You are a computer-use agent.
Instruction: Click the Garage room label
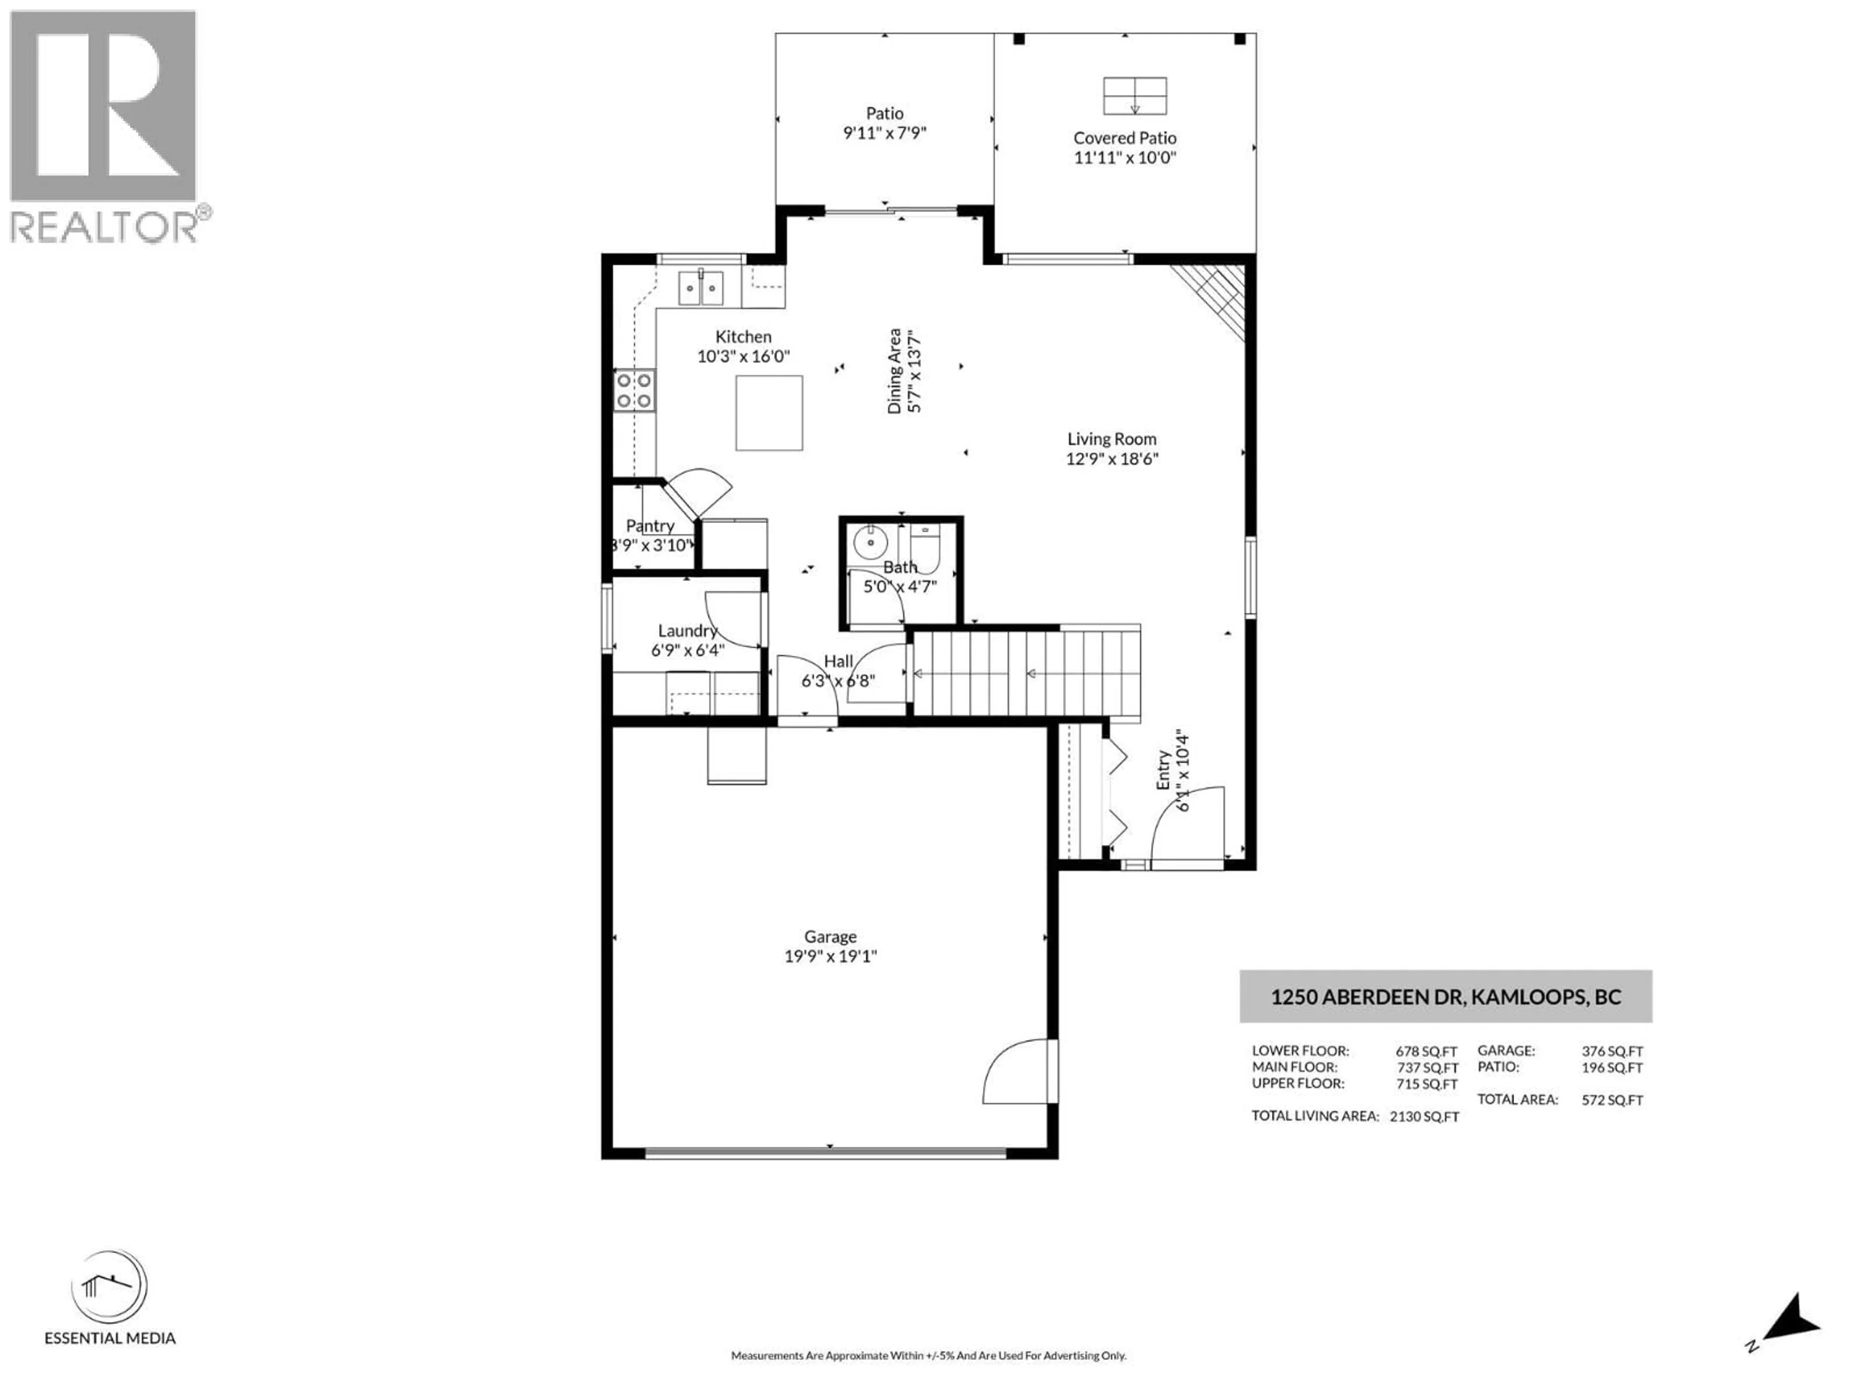[x=830, y=936]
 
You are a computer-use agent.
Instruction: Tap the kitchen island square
[x=769, y=413]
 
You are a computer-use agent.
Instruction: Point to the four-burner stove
[x=634, y=390]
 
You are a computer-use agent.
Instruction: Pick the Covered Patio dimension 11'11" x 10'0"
[x=1125, y=158]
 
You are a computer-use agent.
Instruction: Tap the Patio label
[x=885, y=113]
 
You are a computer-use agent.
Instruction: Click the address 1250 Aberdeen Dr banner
[x=1445, y=997]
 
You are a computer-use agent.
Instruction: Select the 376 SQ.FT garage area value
[x=1612, y=1051]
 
